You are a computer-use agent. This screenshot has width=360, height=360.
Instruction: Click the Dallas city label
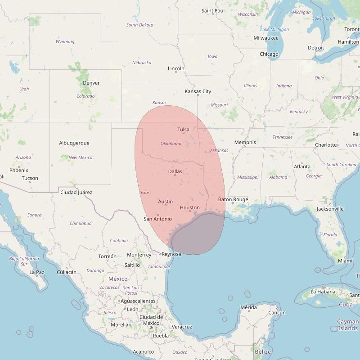[175, 171]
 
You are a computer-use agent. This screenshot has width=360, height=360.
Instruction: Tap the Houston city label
[189, 207]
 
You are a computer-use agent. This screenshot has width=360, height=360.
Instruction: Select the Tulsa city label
[183, 130]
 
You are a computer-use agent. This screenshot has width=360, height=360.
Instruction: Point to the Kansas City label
[198, 91]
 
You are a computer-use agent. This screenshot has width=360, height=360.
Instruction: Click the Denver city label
[91, 83]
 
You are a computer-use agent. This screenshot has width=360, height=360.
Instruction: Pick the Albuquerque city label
[74, 143]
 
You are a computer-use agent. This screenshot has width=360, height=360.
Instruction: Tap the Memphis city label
[245, 142]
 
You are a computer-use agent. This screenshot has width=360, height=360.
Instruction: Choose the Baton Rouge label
[233, 199]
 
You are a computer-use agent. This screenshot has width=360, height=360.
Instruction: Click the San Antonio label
[157, 219]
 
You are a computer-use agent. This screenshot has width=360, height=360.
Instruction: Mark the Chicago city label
[269, 54]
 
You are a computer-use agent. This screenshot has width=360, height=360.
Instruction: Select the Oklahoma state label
[171, 144]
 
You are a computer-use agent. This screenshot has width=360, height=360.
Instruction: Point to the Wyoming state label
[65, 41]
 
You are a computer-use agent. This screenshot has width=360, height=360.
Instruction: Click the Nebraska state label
[142, 63]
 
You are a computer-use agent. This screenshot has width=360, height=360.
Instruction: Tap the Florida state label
[330, 234]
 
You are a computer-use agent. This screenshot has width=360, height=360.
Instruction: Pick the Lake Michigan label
[274, 29]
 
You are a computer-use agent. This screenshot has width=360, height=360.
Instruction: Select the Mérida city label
[248, 308]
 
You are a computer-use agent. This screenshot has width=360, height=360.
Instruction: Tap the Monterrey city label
[139, 255]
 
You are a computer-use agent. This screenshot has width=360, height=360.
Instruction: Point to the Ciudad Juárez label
[76, 193]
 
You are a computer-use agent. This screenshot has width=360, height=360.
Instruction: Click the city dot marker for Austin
[166, 205]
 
